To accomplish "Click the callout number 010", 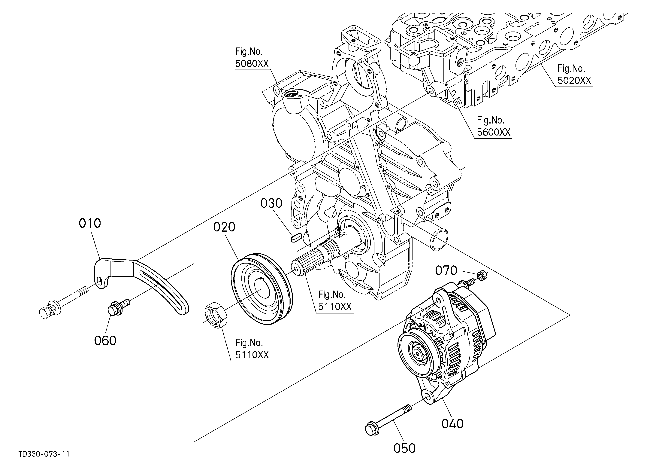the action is pos(90,223).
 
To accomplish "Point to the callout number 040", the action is pos(452,424).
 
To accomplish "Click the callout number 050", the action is pos(404,448).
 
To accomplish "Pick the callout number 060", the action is pos(105,341).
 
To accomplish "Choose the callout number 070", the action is pos(446,270).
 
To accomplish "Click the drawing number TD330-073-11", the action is pos(44,454).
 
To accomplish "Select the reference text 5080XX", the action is pos(252,63).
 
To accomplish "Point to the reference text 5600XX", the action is pos(494,132).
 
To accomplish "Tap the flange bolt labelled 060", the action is pos(118,306).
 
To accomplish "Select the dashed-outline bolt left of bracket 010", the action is pos(63,302).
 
